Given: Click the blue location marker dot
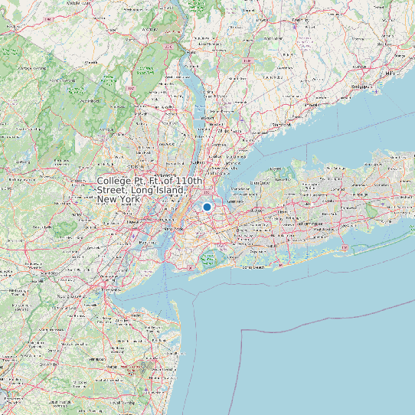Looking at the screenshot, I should [x=207, y=207].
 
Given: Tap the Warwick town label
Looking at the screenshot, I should [x=92, y=63].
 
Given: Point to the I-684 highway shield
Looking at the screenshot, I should [x=247, y=60].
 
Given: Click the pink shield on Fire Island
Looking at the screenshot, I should [x=345, y=249].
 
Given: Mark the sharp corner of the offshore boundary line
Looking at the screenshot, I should [x=242, y=330].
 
